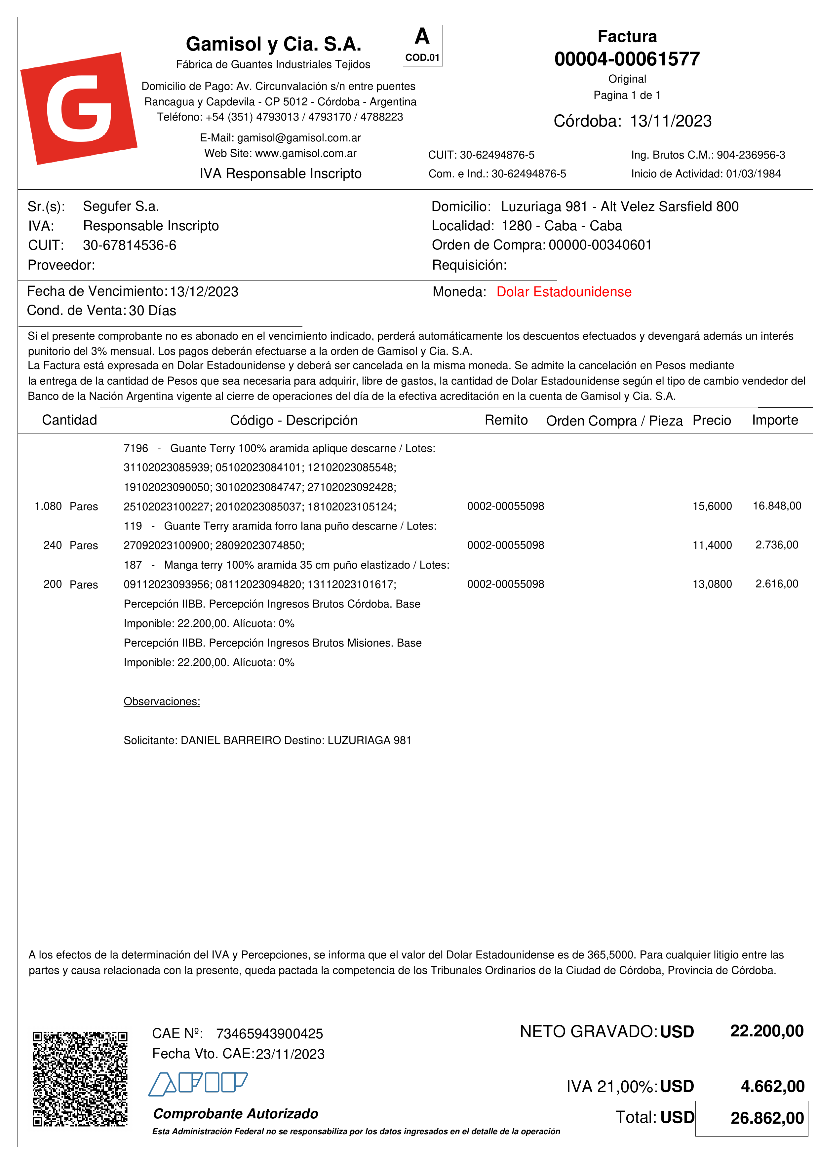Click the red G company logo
click(78, 108)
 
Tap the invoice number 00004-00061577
click(627, 59)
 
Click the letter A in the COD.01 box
click(422, 37)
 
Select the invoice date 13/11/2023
click(671, 121)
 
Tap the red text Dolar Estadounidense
click(564, 292)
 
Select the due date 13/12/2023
click(204, 292)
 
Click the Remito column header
click(506, 420)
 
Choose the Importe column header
click(775, 420)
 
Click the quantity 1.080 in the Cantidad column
click(48, 506)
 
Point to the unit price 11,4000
click(712, 545)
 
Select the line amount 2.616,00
click(777, 584)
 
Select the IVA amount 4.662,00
click(772, 1086)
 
